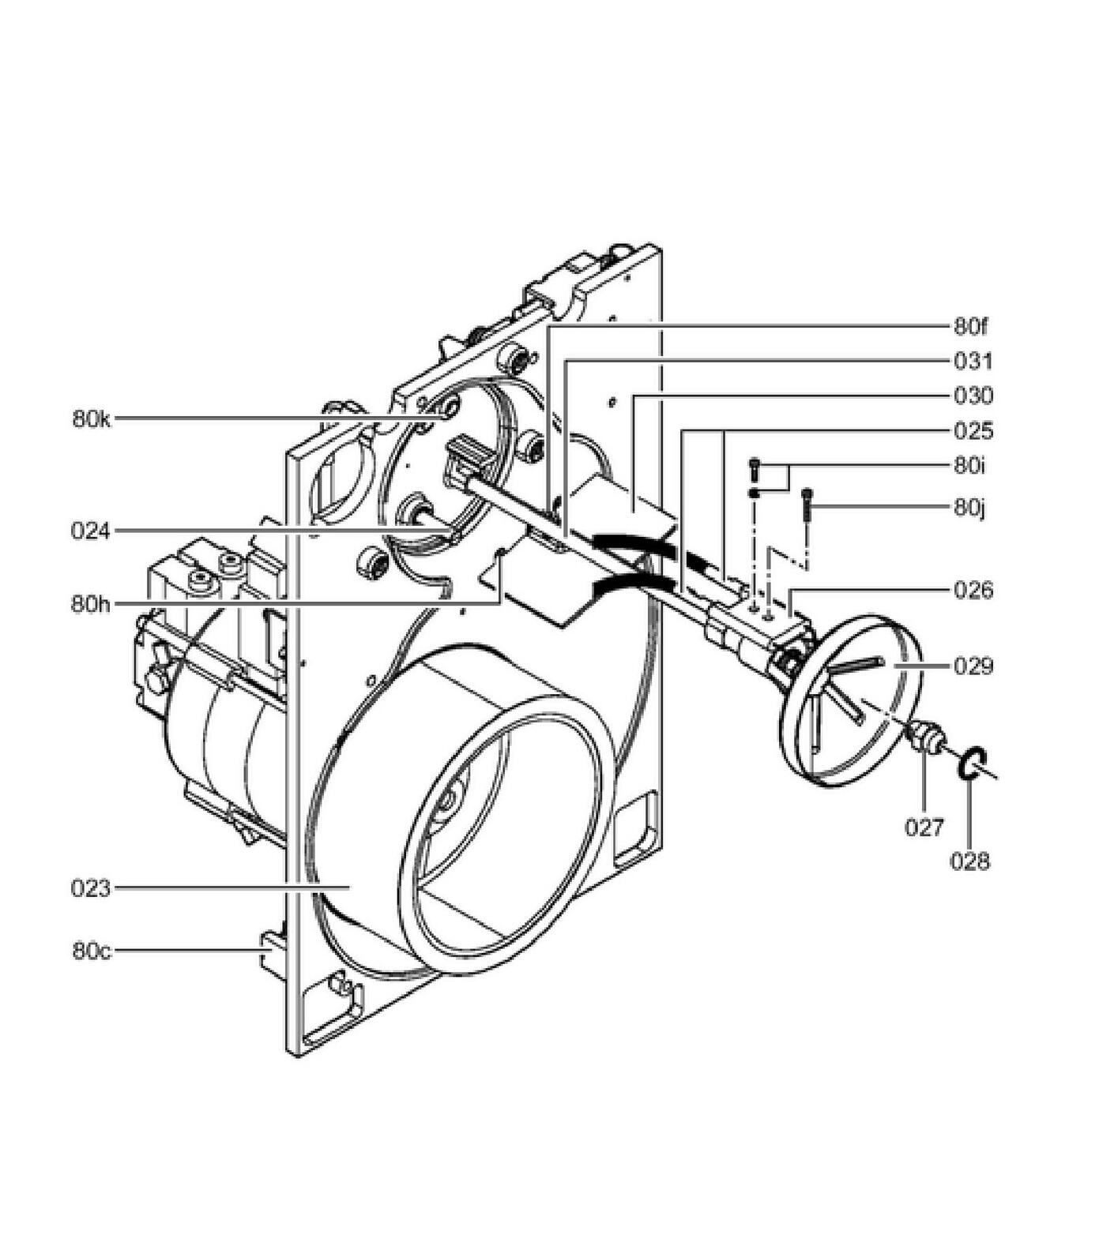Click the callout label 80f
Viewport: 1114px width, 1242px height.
click(970, 326)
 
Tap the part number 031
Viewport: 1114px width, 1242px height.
click(973, 362)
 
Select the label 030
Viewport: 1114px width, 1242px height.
click(973, 396)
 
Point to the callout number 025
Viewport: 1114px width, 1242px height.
click(973, 431)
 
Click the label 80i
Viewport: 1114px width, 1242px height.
click(969, 465)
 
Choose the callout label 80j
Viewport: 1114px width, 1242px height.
click(969, 507)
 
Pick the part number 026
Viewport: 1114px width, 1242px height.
click(973, 590)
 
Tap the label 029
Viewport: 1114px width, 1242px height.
click(973, 666)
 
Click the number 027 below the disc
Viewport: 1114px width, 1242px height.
click(924, 827)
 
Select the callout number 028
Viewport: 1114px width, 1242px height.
click(969, 861)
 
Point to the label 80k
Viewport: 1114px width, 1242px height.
click(92, 419)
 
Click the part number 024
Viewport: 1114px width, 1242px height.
click(91, 531)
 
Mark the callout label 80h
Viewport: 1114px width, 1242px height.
click(91, 604)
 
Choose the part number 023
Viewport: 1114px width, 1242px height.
click(91, 888)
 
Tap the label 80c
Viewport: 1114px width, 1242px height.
click(92, 951)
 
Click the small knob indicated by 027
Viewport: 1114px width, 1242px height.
click(925, 736)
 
